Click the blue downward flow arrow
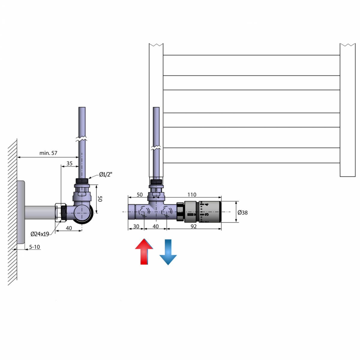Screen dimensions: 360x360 [x=168, y=252]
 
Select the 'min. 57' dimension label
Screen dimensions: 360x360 [x=48, y=153]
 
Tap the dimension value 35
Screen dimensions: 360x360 [x=69, y=163]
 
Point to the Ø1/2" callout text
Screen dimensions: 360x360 [x=106, y=175]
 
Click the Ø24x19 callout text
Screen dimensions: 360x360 [x=40, y=234]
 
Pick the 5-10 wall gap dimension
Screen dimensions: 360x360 [x=34, y=247]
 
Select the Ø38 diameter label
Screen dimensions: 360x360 [x=242, y=213]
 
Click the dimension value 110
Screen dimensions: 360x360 [x=192, y=195]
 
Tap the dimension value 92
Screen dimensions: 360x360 [x=194, y=226]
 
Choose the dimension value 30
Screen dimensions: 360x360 [x=136, y=226]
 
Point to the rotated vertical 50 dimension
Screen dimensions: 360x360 [x=100, y=199]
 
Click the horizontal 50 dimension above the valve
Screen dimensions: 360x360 [x=139, y=195]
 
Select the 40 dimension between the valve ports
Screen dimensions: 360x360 [x=156, y=226]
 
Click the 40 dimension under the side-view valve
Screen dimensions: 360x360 [x=69, y=228]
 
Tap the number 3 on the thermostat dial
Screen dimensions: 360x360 [x=206, y=214]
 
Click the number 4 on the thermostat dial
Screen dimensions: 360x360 [x=206, y=205]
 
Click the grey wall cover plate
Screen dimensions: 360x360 [x=21, y=212]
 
